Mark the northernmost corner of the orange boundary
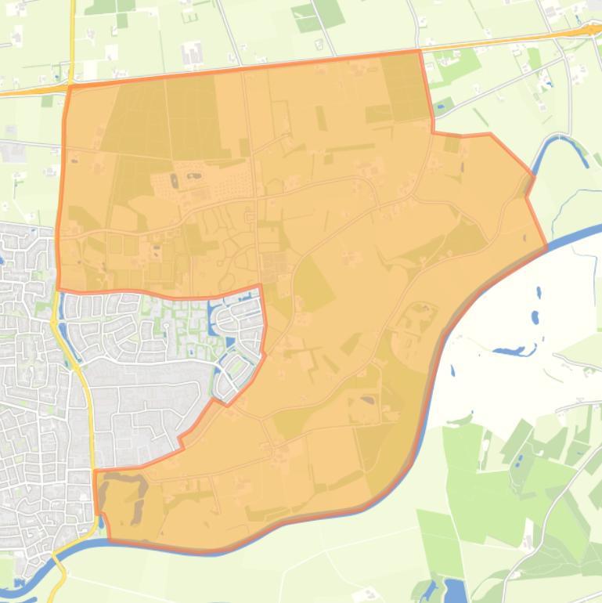[420, 52]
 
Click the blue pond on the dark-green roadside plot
[443, 103]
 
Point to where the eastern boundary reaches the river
[546, 247]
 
